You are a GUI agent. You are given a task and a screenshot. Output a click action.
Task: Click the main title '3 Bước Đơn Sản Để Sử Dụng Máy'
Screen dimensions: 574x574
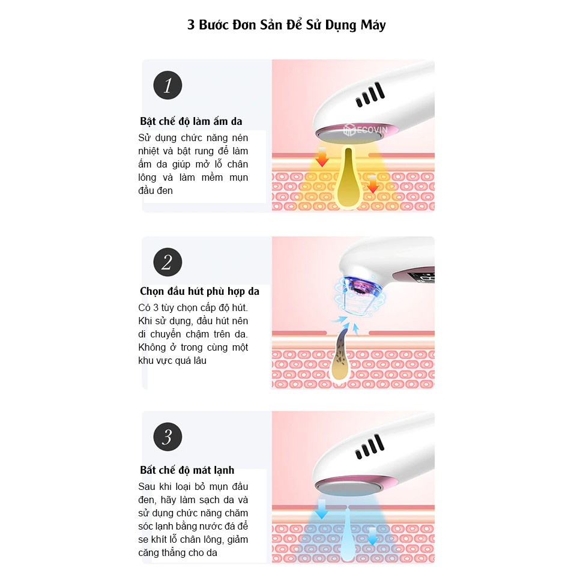click(286, 25)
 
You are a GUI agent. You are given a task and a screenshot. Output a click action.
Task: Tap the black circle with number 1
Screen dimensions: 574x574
click(168, 85)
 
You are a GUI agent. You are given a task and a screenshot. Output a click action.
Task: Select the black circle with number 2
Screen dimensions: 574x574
click(168, 262)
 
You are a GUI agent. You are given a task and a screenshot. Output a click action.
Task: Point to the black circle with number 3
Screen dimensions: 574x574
click(168, 437)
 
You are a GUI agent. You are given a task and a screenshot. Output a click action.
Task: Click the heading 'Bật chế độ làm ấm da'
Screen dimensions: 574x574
click(191, 121)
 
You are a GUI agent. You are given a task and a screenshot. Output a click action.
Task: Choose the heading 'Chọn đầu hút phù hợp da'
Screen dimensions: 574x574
click(199, 291)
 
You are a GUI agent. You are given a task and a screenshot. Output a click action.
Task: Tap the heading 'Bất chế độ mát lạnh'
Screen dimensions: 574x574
click(187, 470)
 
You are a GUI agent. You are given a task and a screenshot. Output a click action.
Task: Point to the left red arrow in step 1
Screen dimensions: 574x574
click(322, 159)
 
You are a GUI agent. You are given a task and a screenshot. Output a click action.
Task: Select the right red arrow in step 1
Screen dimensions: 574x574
click(373, 183)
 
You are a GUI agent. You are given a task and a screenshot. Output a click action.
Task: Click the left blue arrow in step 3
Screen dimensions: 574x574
click(322, 509)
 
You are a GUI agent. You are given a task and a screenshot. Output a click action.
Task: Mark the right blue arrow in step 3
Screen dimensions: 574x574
click(373, 536)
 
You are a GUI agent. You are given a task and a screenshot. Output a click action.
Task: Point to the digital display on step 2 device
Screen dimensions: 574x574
click(423, 278)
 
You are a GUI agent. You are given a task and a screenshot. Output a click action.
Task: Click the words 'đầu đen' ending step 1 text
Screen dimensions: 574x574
click(156, 191)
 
